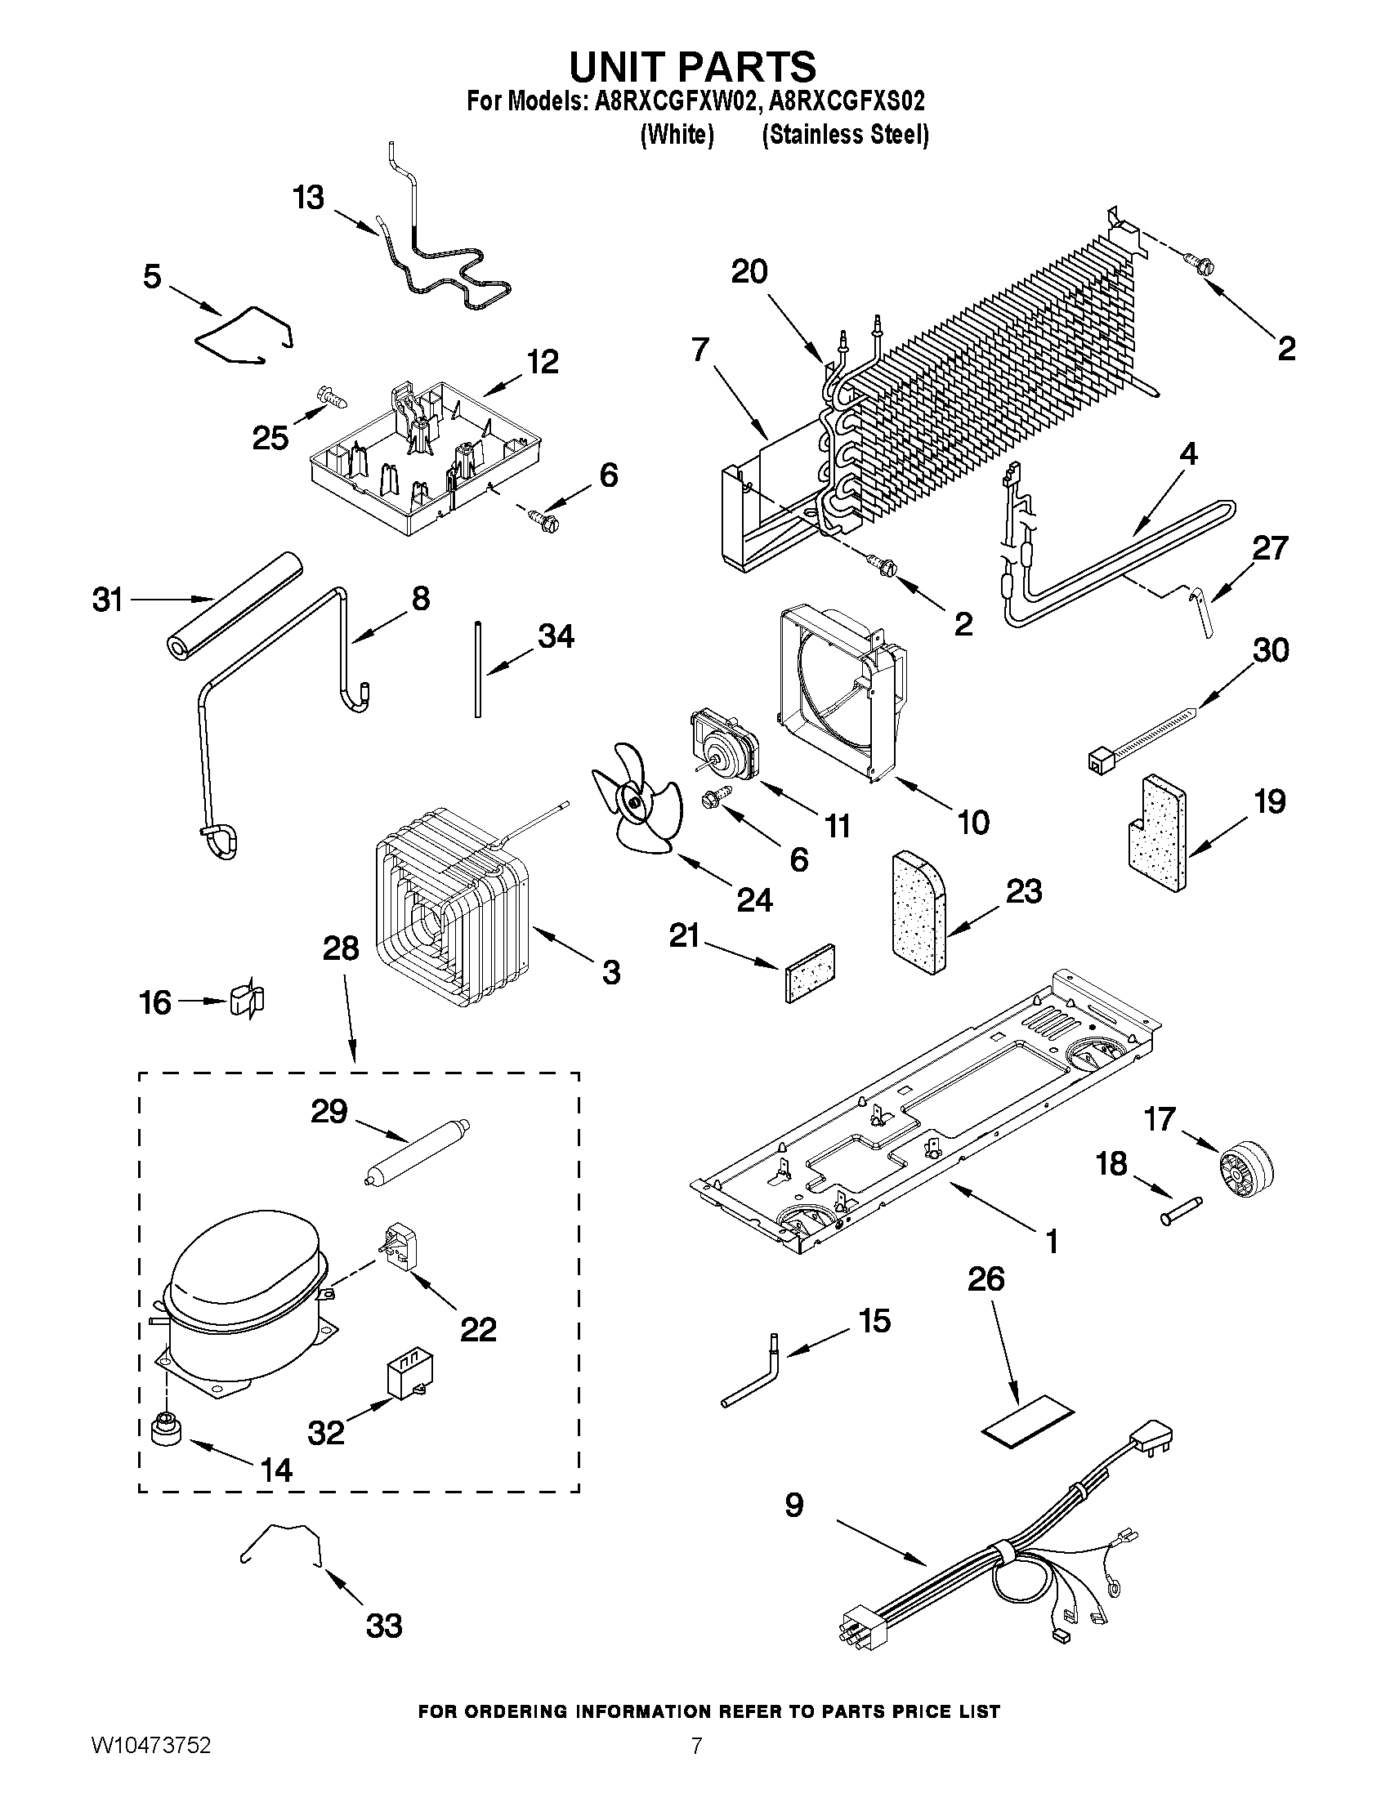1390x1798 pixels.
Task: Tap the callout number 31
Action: tap(108, 600)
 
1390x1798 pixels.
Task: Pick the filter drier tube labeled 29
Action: tap(416, 1154)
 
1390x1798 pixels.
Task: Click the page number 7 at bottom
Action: tap(696, 1769)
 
